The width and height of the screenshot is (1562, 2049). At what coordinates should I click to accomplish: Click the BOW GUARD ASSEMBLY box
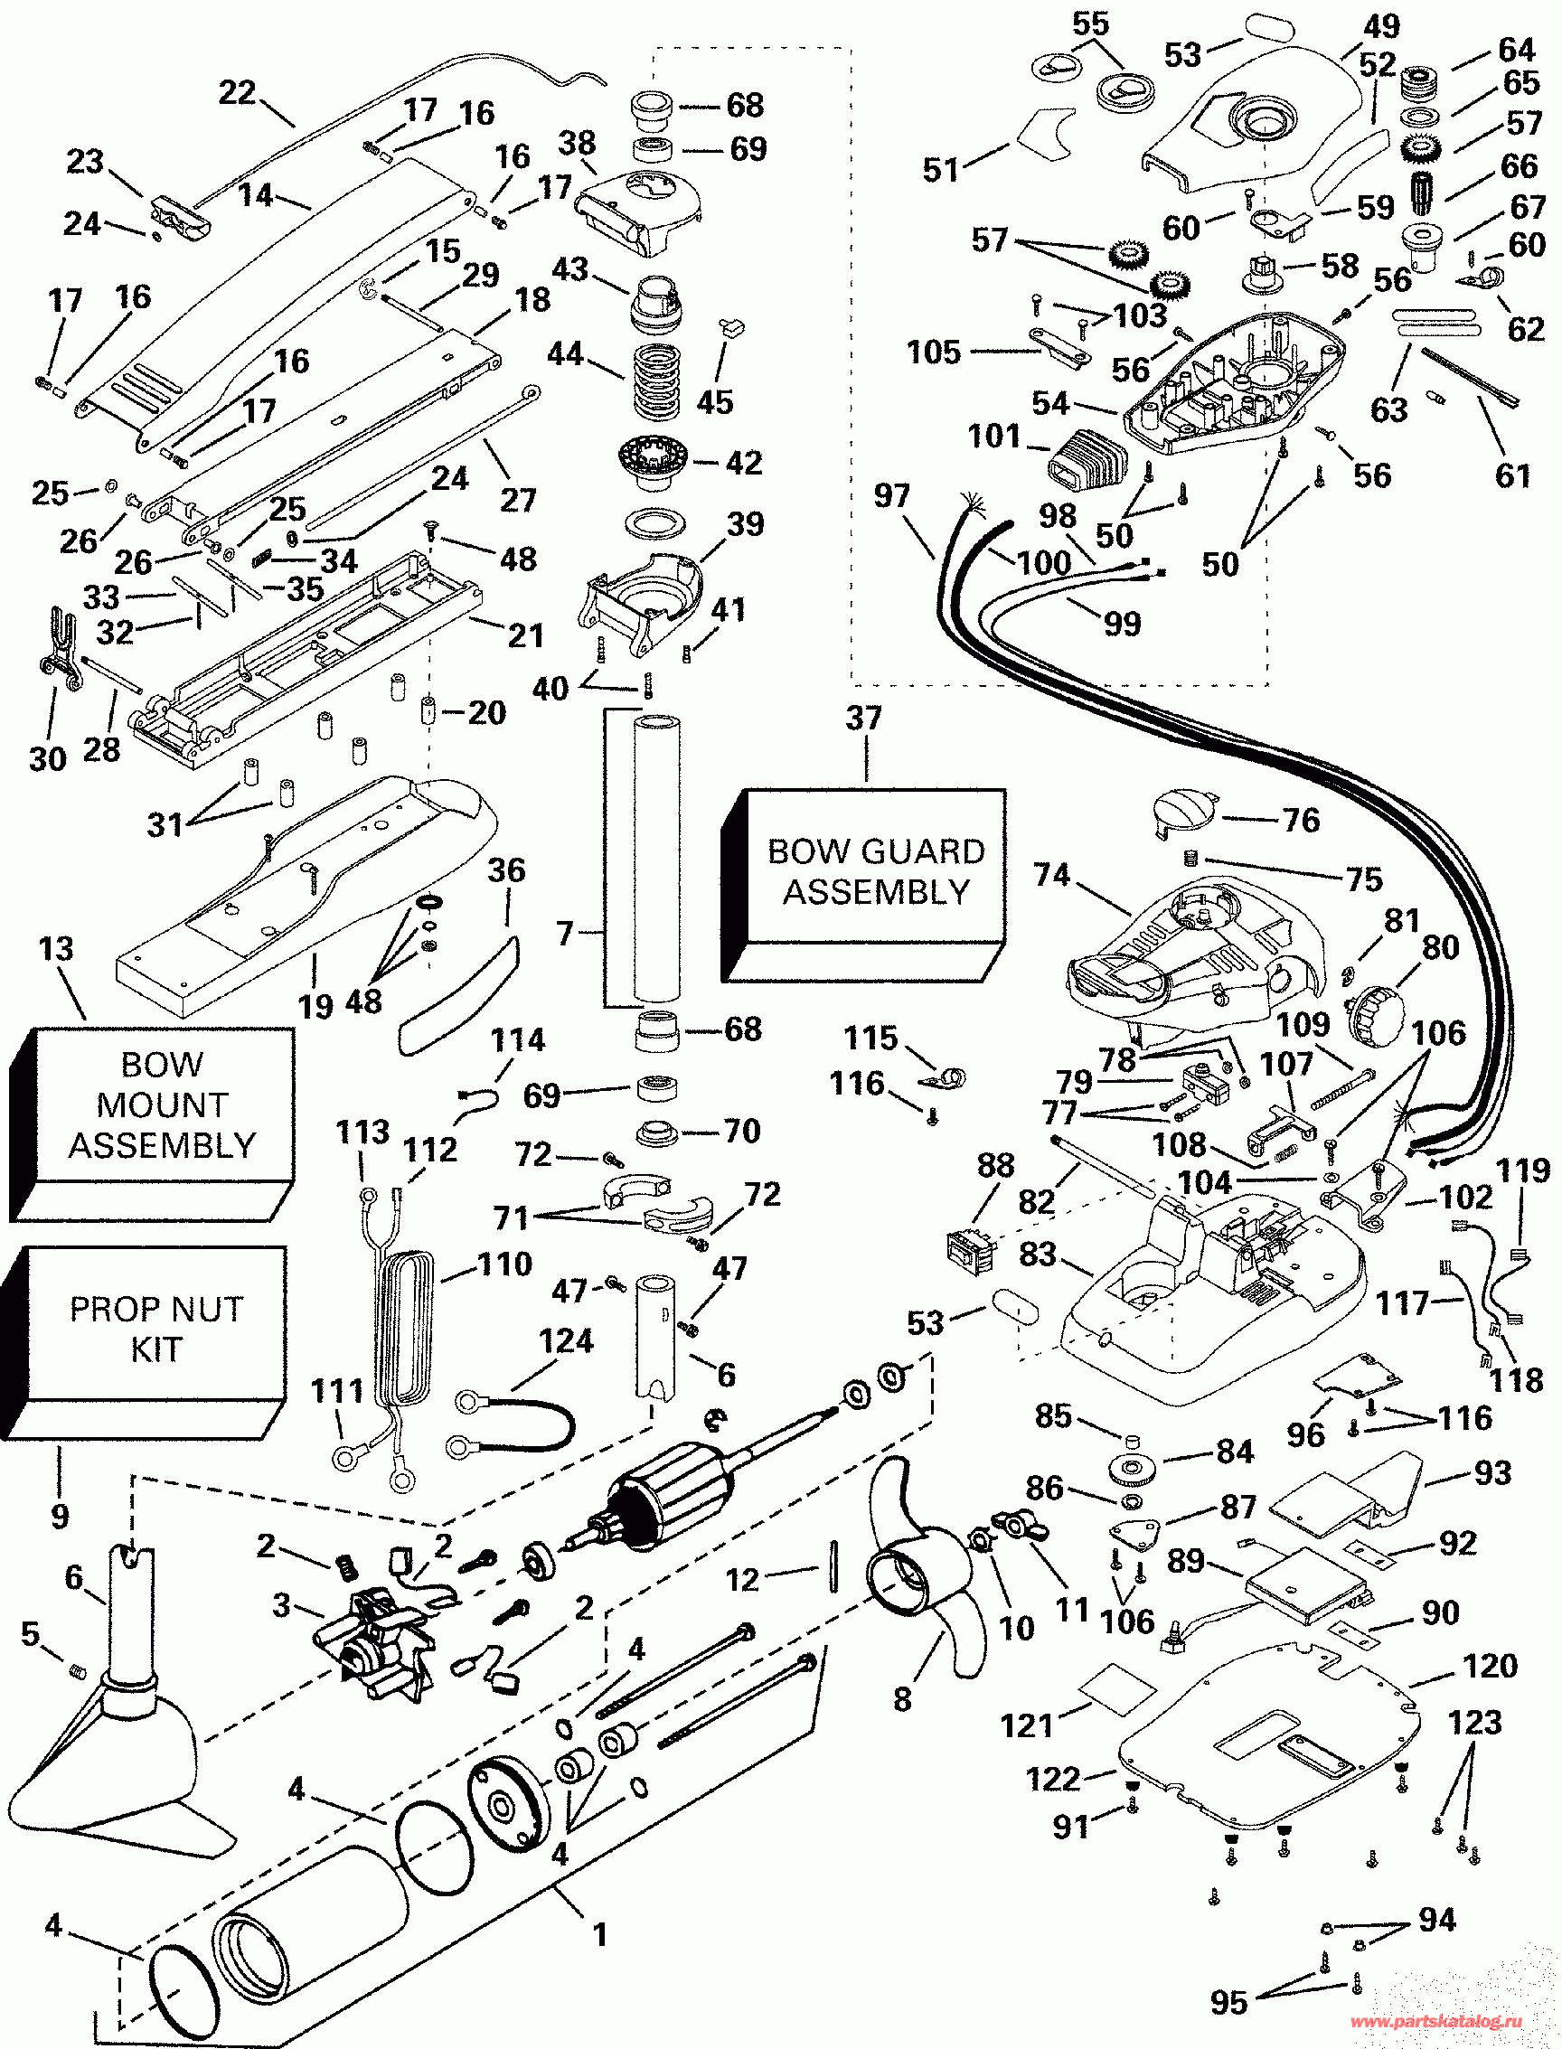click(875, 871)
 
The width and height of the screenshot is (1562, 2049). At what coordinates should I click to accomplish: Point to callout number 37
click(864, 718)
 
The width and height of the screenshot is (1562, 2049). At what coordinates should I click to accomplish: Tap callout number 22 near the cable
click(236, 92)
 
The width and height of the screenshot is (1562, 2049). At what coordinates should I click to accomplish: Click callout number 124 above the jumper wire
click(565, 1340)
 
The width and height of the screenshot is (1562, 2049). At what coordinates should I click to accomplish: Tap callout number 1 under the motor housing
click(600, 1933)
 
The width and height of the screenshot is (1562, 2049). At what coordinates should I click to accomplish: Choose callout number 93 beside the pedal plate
click(1492, 1472)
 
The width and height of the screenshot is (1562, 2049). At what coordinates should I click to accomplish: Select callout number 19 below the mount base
click(315, 1006)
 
